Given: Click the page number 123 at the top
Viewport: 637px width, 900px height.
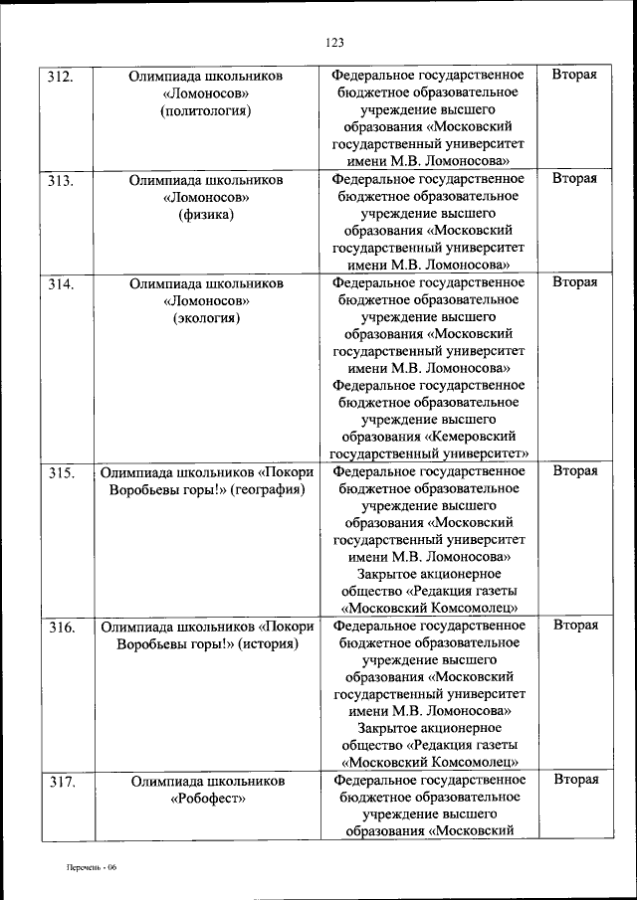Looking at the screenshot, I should (333, 42).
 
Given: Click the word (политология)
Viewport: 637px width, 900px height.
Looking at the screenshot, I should (206, 110).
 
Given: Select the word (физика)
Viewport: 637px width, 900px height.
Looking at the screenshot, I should (206, 215).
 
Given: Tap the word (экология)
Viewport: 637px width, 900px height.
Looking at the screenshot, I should (206, 318).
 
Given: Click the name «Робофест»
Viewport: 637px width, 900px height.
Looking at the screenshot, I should (206, 799).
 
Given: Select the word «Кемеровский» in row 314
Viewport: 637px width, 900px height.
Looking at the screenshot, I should (475, 437).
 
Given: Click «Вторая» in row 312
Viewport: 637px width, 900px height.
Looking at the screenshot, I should (574, 75).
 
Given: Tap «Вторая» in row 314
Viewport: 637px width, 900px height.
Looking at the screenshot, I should (574, 282).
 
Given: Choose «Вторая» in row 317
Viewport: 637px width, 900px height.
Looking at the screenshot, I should (575, 780).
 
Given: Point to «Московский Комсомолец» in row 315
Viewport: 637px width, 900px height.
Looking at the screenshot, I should (428, 608).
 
